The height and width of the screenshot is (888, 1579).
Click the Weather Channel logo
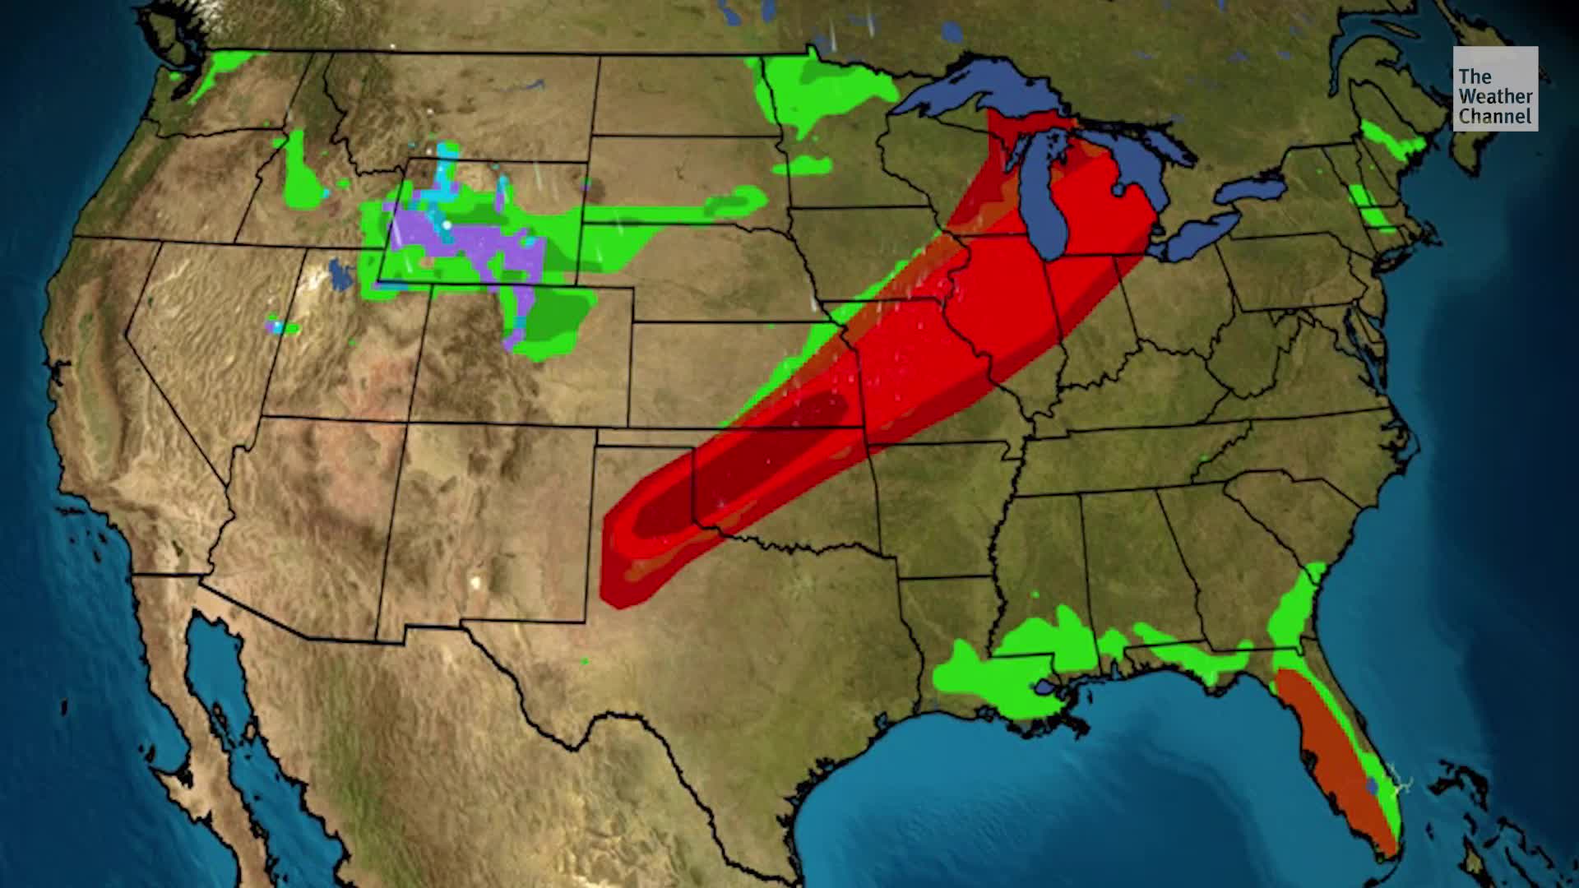click(1495, 88)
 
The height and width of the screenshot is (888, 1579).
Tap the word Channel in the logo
click(1495, 118)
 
